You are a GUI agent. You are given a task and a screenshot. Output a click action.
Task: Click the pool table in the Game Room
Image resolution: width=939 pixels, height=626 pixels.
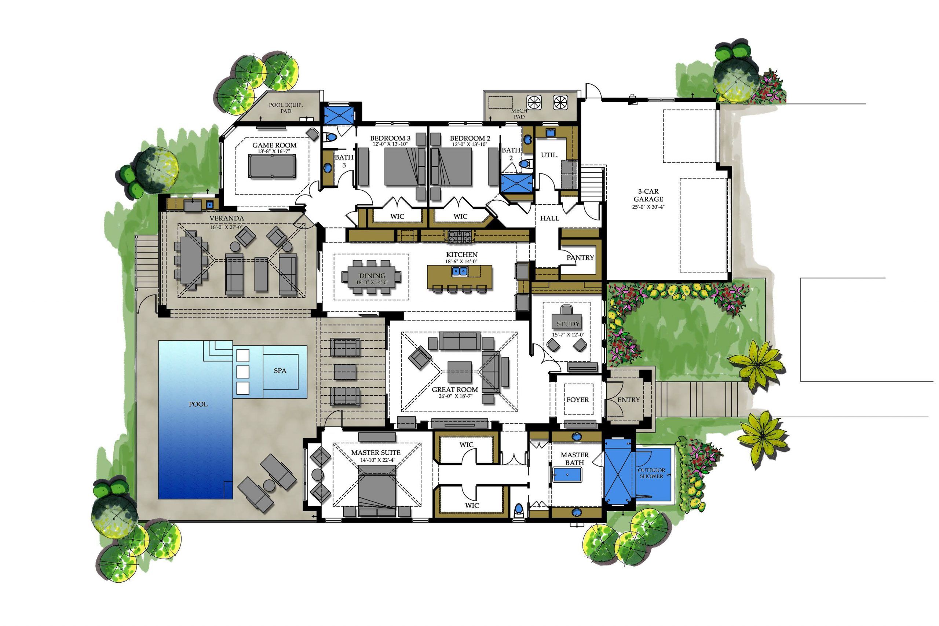click(x=272, y=166)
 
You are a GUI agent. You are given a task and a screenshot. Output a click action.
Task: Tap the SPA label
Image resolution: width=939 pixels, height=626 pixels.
click(x=280, y=370)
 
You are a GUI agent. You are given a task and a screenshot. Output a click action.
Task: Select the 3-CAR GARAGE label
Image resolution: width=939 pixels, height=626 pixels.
click(x=648, y=195)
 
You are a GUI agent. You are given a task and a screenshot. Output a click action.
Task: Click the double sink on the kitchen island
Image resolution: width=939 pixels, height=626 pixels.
click(x=460, y=271)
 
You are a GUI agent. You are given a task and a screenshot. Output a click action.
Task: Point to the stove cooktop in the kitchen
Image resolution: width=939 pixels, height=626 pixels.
click(x=460, y=236)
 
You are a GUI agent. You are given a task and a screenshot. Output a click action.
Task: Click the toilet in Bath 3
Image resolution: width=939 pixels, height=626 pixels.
click(x=329, y=137)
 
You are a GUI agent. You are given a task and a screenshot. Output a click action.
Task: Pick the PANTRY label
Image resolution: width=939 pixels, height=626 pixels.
click(x=580, y=257)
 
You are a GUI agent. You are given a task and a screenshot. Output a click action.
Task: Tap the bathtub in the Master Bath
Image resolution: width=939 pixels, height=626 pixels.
click(x=567, y=475)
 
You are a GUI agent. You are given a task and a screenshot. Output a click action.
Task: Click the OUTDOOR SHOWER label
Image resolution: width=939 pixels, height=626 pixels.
click(x=651, y=473)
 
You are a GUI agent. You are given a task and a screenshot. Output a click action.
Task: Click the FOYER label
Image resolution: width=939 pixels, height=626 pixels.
click(x=577, y=400)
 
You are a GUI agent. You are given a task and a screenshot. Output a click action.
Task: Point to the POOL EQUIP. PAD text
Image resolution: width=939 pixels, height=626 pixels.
click(x=285, y=108)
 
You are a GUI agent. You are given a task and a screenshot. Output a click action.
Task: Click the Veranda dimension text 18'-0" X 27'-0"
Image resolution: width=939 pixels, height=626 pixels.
click(x=226, y=227)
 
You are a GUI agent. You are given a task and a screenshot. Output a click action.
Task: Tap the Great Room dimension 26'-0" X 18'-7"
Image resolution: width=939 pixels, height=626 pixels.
click(x=455, y=396)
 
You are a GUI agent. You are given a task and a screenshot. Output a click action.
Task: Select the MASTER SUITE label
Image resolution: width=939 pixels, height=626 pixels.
click(x=376, y=453)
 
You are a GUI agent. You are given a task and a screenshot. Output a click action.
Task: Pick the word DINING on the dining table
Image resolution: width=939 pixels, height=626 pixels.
click(x=372, y=275)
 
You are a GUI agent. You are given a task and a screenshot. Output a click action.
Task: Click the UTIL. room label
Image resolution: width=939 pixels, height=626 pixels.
click(x=549, y=155)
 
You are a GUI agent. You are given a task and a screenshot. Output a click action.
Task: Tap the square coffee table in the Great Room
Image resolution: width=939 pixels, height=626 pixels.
click(x=460, y=372)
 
